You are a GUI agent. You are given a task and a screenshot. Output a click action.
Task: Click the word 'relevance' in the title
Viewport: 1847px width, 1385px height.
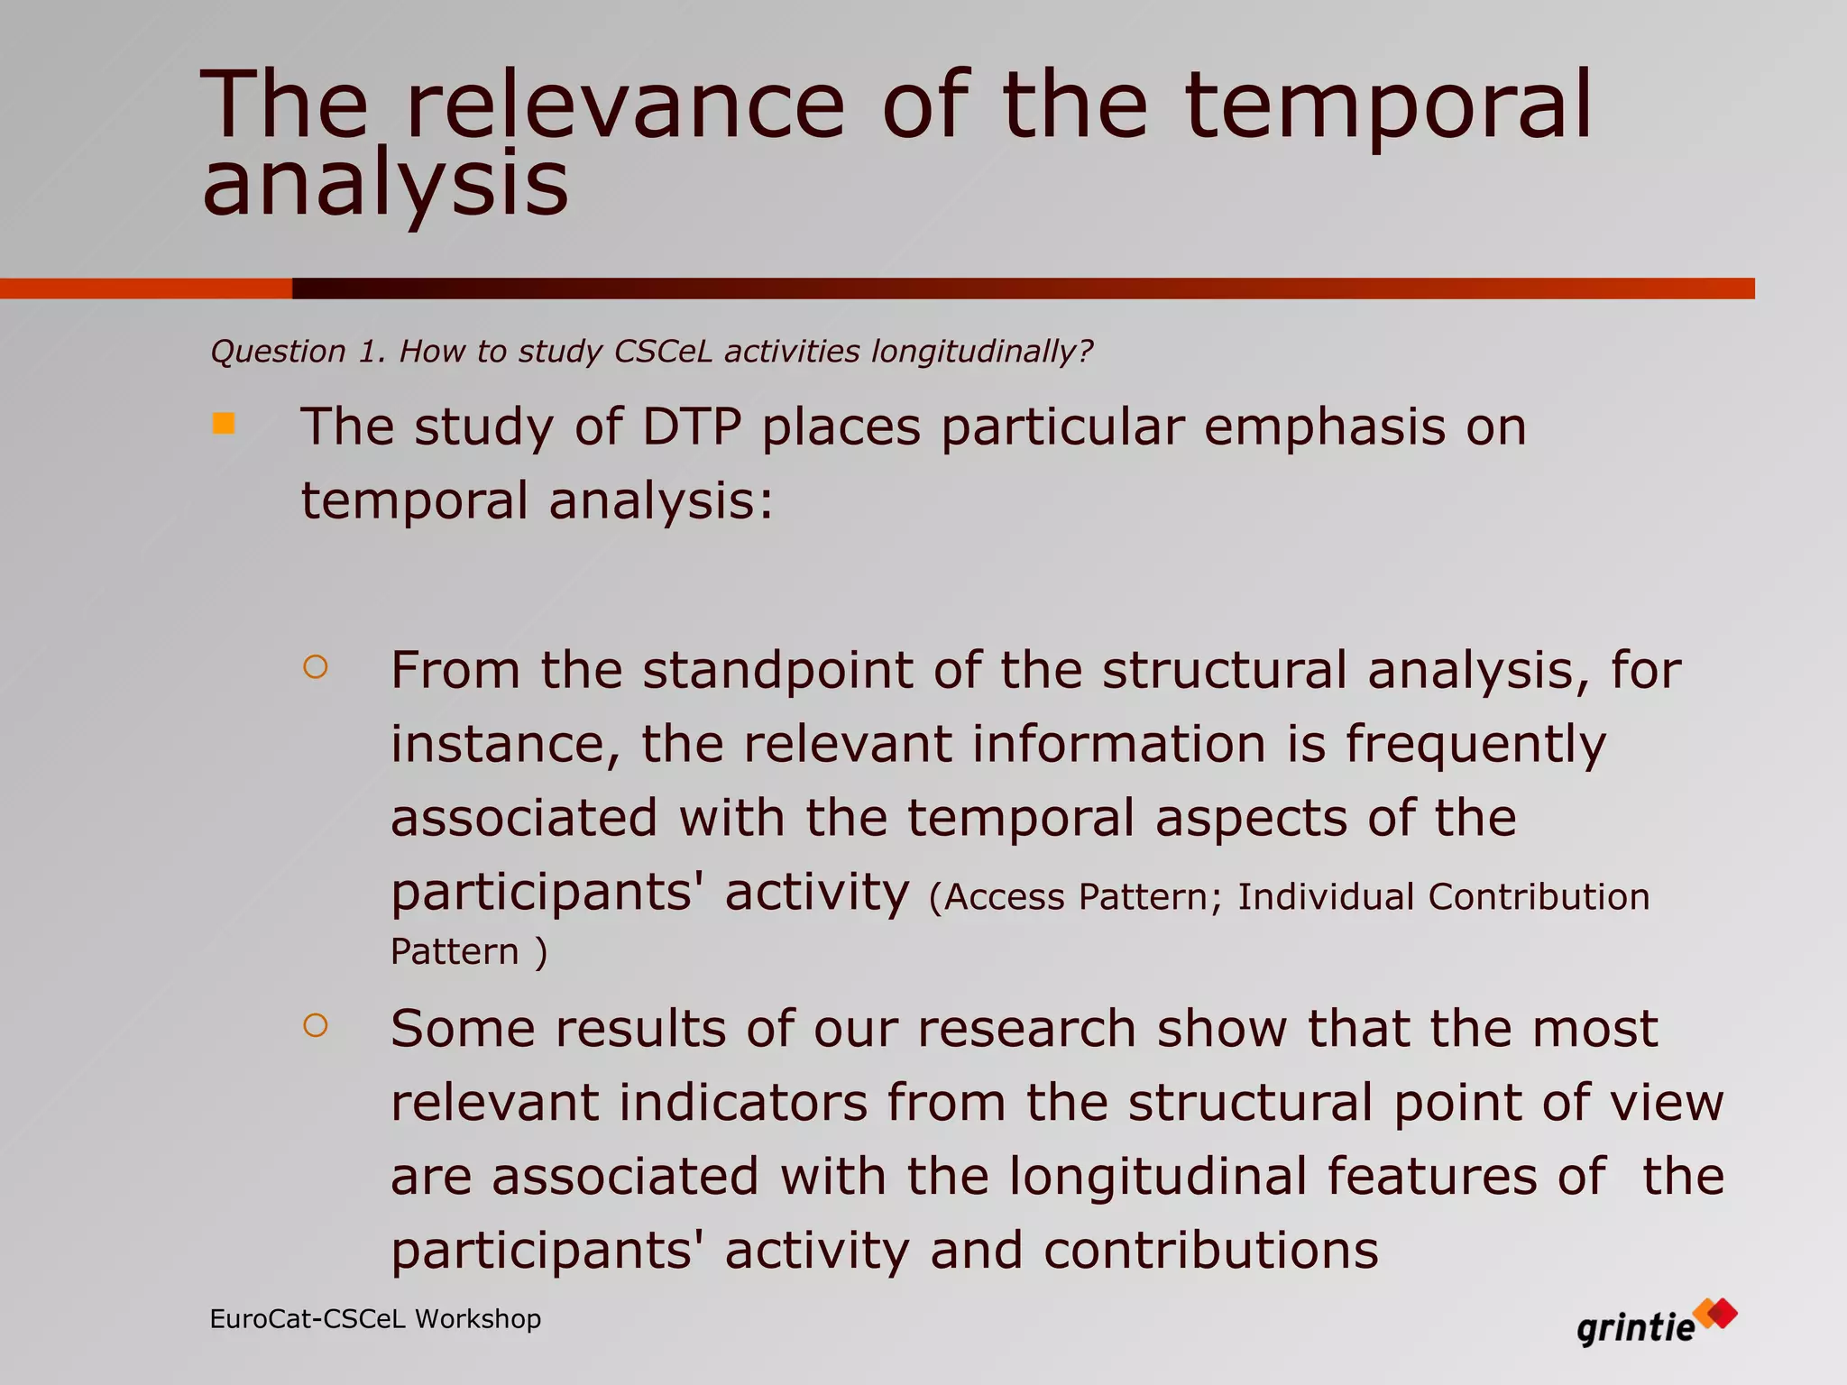click(x=625, y=106)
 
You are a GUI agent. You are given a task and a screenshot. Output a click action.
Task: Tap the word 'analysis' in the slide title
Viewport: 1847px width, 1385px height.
click(x=385, y=185)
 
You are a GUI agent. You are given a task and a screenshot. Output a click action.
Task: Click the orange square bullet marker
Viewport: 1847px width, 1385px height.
click(x=224, y=423)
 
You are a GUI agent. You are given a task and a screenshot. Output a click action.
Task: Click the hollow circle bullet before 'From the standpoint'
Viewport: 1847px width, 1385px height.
click(x=316, y=667)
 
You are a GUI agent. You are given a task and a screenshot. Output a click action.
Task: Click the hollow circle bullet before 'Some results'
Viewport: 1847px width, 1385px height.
click(x=316, y=1025)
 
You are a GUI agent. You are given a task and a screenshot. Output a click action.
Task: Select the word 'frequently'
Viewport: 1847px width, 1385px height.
click(x=1475, y=746)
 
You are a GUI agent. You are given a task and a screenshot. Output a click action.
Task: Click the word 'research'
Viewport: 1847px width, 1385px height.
click(x=1026, y=1029)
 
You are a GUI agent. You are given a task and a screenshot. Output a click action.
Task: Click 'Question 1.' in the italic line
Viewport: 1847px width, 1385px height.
click(x=299, y=351)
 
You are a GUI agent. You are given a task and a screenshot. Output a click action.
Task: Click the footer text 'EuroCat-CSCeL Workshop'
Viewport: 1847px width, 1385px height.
click(x=375, y=1319)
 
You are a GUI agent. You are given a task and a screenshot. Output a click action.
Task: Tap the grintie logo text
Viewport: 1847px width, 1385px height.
click(x=1635, y=1329)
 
